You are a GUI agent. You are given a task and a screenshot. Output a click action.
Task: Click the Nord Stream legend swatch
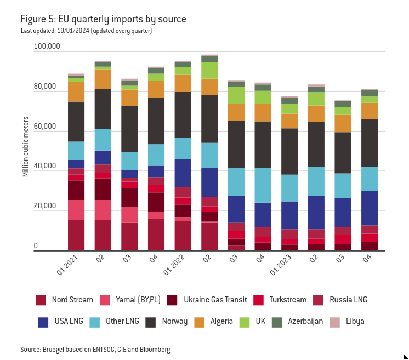(41, 300)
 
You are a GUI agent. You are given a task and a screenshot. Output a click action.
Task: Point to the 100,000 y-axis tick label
(47, 47)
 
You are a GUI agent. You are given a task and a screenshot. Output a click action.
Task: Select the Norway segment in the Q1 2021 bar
(76, 122)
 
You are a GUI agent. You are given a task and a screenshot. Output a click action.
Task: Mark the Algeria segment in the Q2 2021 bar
(103, 79)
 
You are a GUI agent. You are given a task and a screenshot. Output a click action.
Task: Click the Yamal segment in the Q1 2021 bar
(76, 210)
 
